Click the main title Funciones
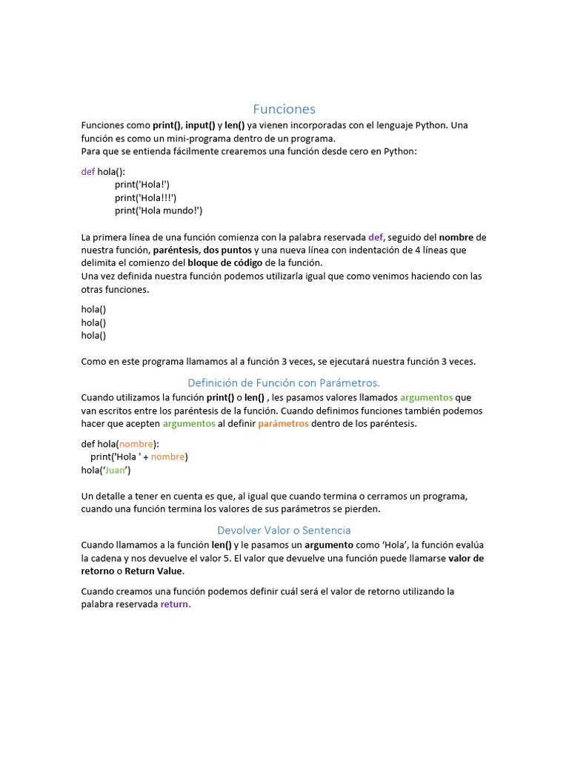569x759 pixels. tap(284, 110)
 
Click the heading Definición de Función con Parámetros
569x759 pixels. tap(284, 382)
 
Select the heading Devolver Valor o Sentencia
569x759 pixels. tap(284, 530)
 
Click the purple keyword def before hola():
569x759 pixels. tap(88, 171)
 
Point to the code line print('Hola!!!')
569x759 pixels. tap(145, 197)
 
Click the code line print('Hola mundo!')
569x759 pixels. tap(158, 211)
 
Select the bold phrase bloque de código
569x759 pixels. tap(225, 263)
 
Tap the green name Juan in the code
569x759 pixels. tap(116, 470)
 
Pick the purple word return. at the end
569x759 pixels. tap(176, 605)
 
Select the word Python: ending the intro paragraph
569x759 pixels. tap(400, 151)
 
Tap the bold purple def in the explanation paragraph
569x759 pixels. tap(376, 237)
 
